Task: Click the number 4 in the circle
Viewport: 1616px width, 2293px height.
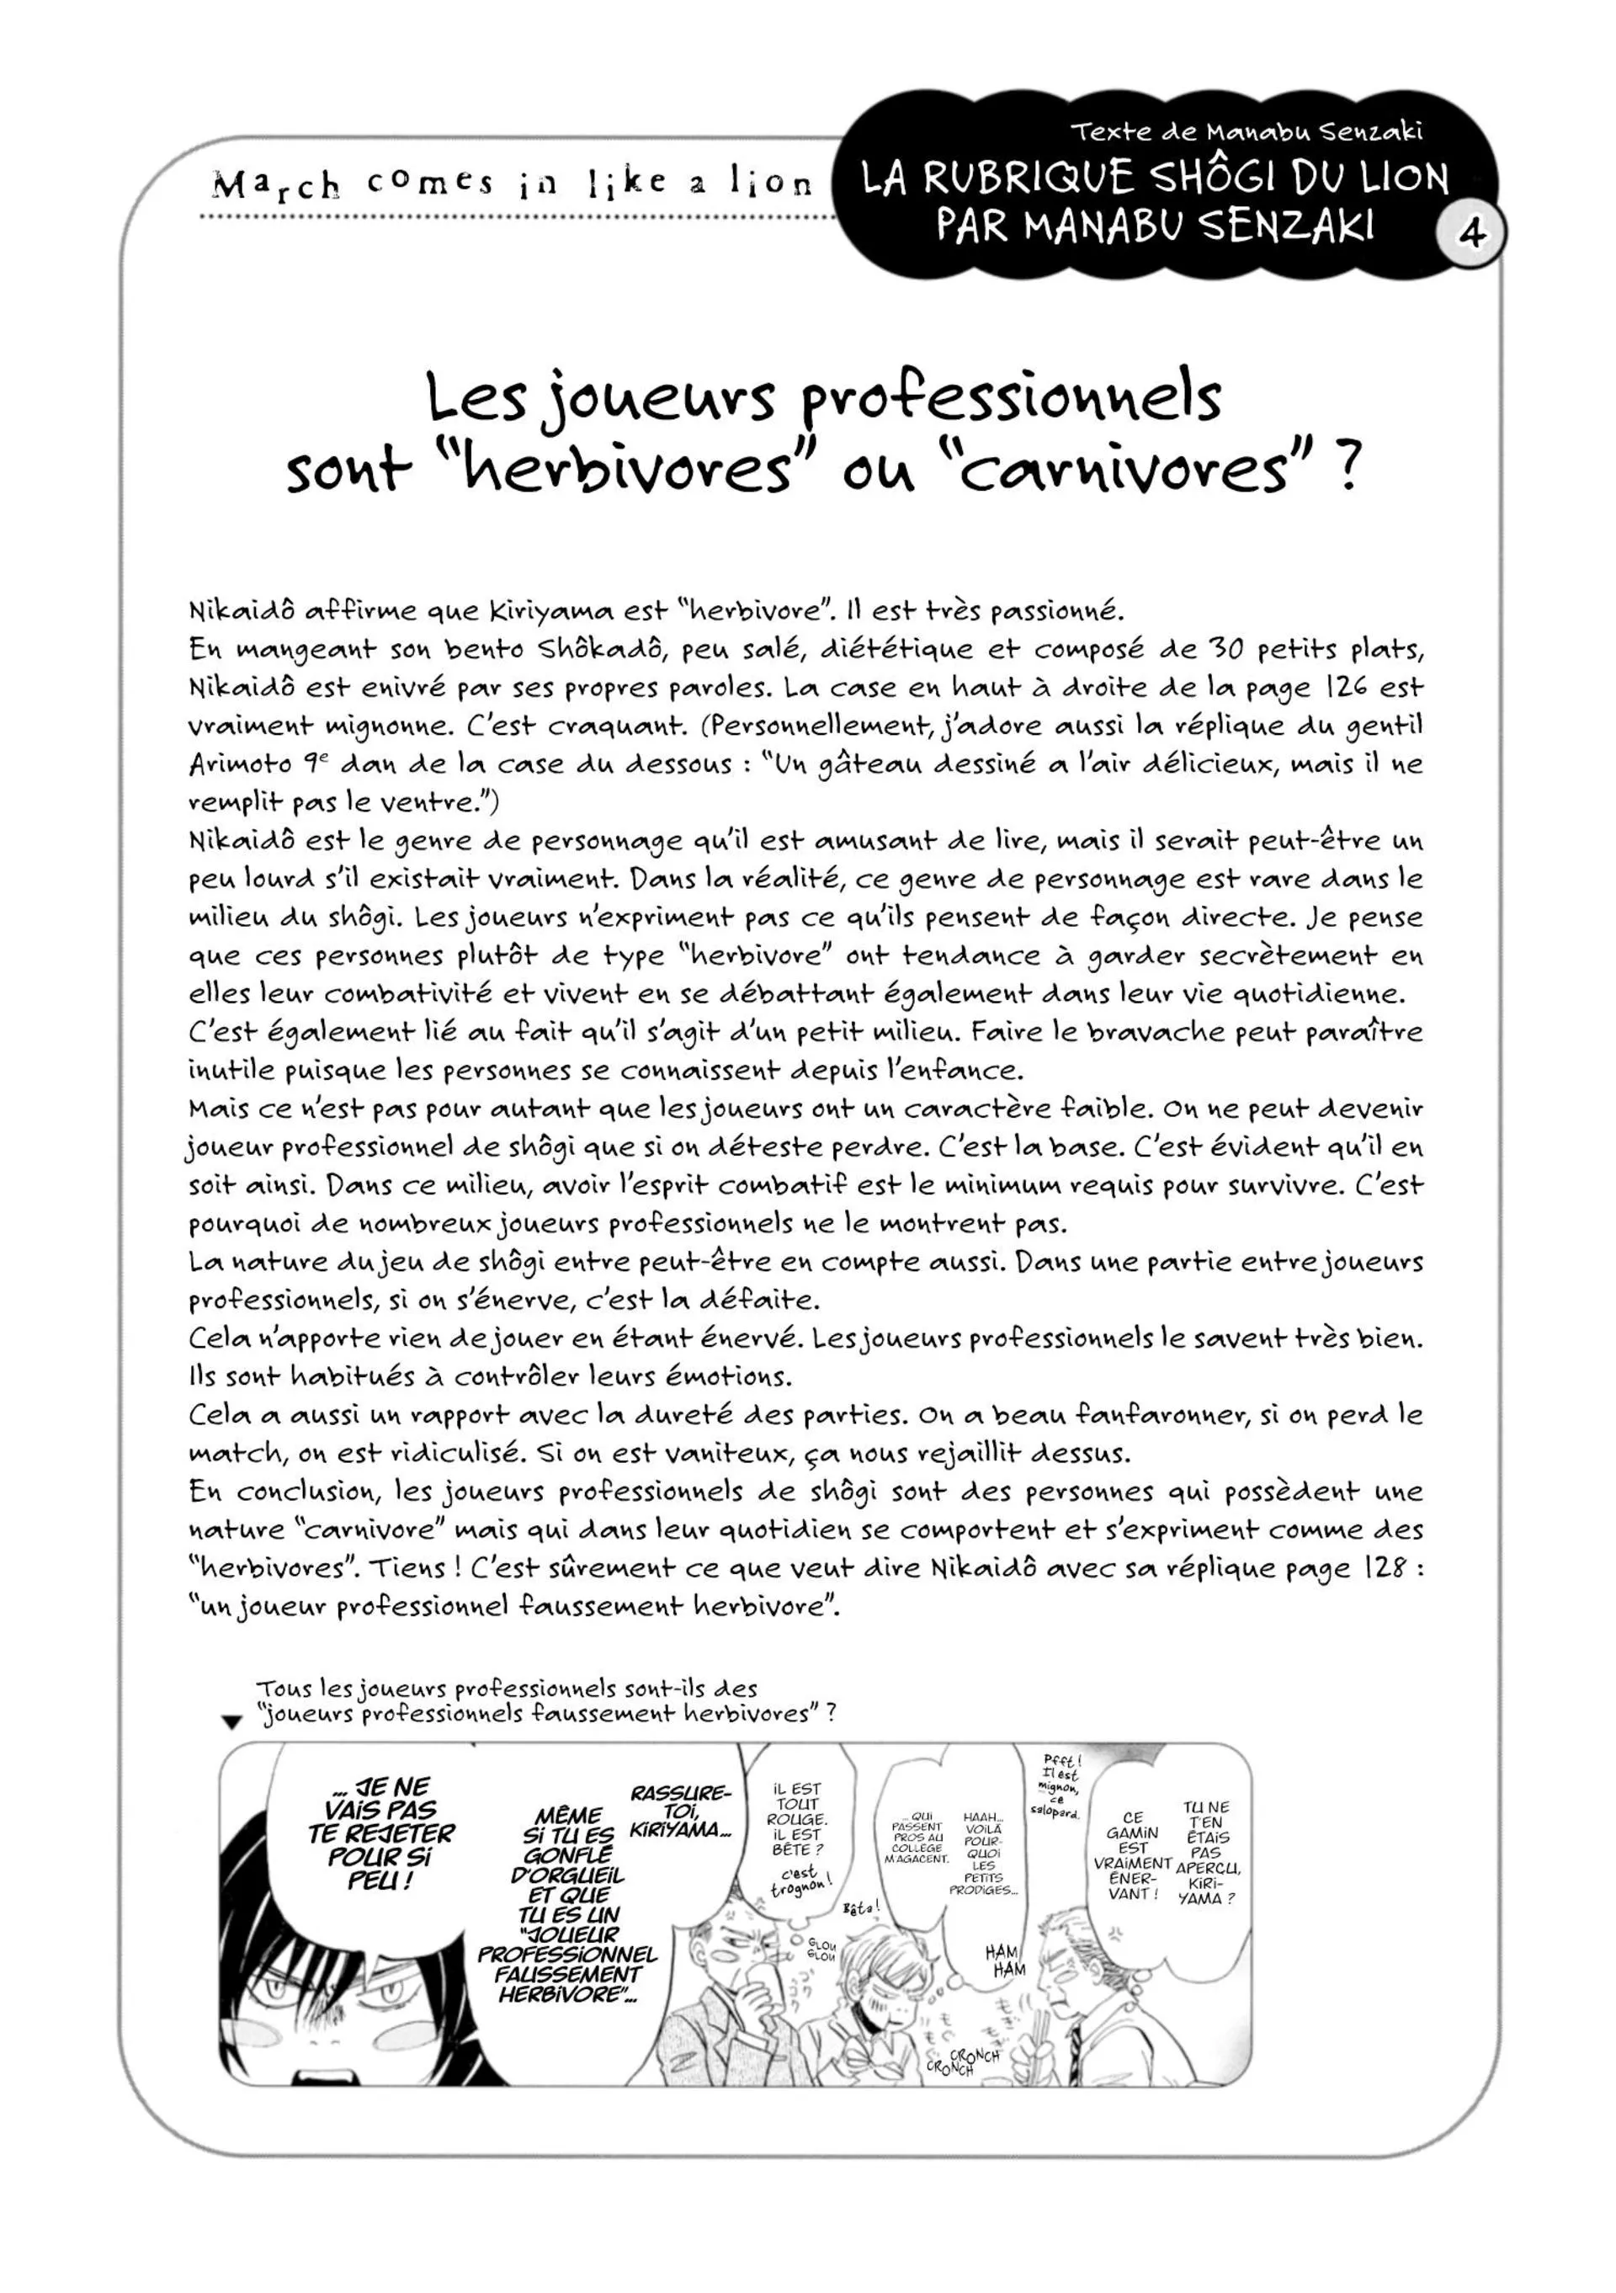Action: pos(1470,234)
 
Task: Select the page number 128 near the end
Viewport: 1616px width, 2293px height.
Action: pos(1382,1569)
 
